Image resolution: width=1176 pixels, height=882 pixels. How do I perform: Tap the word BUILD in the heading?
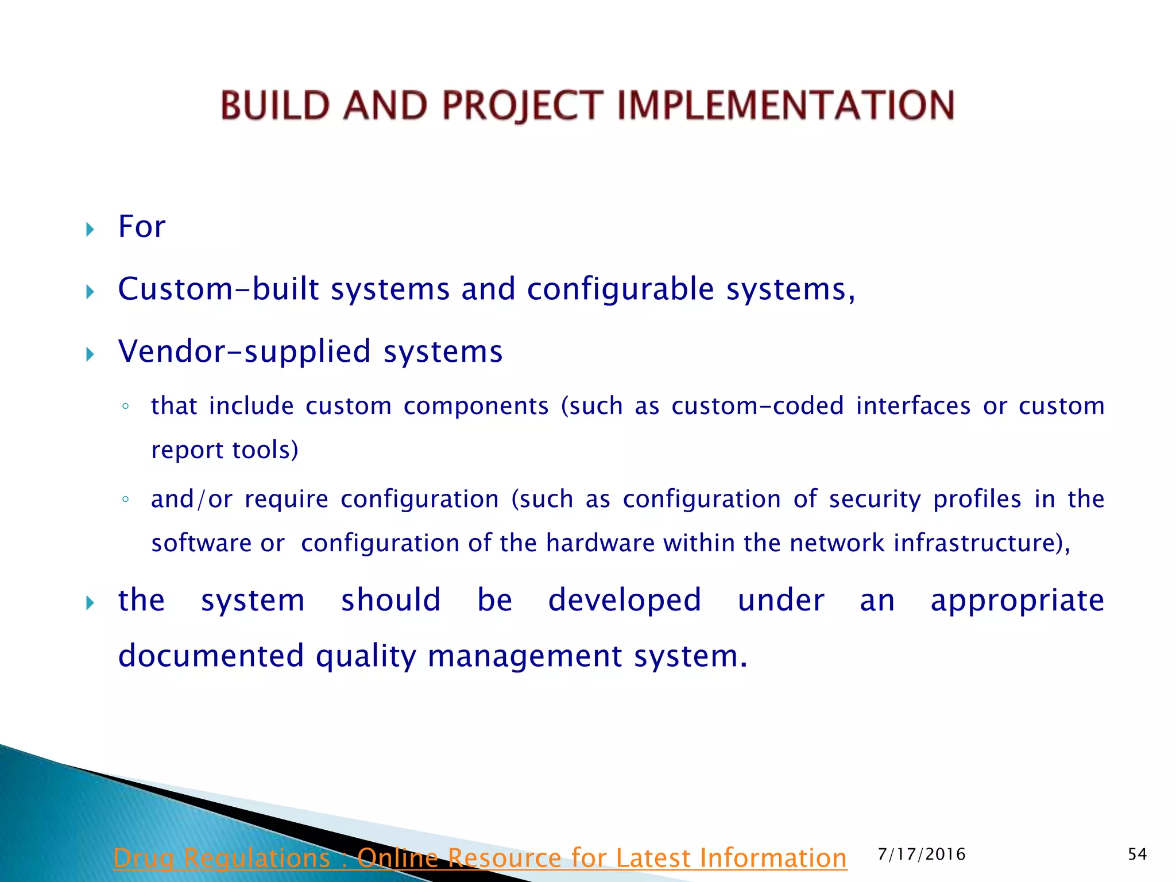coord(275,106)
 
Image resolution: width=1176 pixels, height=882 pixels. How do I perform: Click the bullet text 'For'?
coord(141,226)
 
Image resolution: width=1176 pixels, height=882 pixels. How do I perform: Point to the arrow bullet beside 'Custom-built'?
coord(90,292)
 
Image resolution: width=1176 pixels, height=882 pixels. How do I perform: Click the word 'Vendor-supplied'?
coord(244,351)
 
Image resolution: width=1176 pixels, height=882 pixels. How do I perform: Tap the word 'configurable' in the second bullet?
coord(620,289)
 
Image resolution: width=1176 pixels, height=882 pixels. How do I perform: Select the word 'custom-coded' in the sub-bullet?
coord(757,406)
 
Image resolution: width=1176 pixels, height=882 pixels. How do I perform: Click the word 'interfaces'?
coord(913,406)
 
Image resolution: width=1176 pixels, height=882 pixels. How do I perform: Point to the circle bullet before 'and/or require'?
coord(125,500)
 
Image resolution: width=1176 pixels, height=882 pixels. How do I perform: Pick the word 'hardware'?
coord(600,543)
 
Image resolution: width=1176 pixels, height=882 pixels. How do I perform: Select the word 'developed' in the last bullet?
coord(625,601)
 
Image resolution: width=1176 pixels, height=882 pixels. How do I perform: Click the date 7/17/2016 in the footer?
coord(922,854)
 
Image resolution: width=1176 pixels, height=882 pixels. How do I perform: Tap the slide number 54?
coord(1137,854)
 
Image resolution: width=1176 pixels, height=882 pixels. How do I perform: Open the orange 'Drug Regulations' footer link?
coord(479,858)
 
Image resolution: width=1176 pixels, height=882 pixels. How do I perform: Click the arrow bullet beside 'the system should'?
coord(90,603)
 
